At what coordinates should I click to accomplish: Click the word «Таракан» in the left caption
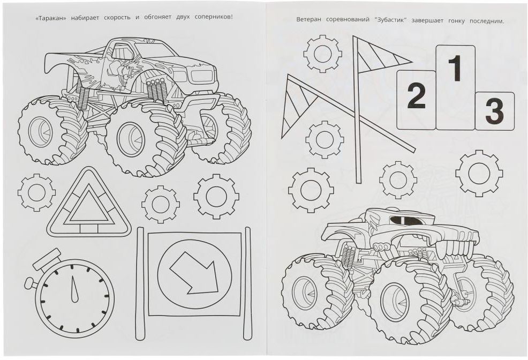pos(50,17)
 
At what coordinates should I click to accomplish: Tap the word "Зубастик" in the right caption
pos(390,20)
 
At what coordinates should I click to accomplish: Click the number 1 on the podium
pos(455,69)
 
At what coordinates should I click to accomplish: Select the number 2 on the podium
pos(416,96)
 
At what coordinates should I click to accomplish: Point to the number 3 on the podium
pos(494,110)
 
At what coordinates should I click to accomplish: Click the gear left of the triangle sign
pos(37,192)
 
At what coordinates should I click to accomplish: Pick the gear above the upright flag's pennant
pos(322,54)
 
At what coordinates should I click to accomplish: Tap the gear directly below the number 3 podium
pos(479,173)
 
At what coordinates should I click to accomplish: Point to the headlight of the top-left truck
pos(200,76)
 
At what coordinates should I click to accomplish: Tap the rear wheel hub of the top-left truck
pos(40,131)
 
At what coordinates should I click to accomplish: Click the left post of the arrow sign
pos(140,284)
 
